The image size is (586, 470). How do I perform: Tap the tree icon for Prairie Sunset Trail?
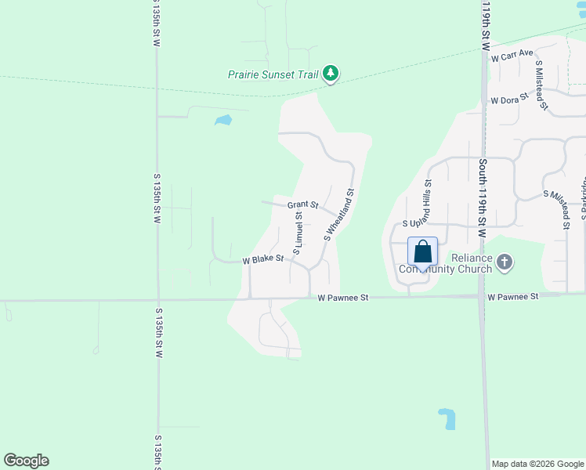click(331, 74)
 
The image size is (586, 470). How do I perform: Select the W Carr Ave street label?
click(512, 57)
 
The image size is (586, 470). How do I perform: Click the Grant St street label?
click(302, 205)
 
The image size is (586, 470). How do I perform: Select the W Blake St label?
click(262, 259)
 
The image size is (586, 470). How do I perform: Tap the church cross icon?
click(505, 262)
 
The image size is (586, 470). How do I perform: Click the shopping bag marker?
click(422, 252)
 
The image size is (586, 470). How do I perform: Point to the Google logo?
click(26, 461)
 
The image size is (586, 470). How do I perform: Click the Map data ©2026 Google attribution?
click(537, 464)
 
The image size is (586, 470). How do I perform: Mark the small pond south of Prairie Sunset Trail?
click(223, 121)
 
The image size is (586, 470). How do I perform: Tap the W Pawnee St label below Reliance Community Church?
click(513, 297)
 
